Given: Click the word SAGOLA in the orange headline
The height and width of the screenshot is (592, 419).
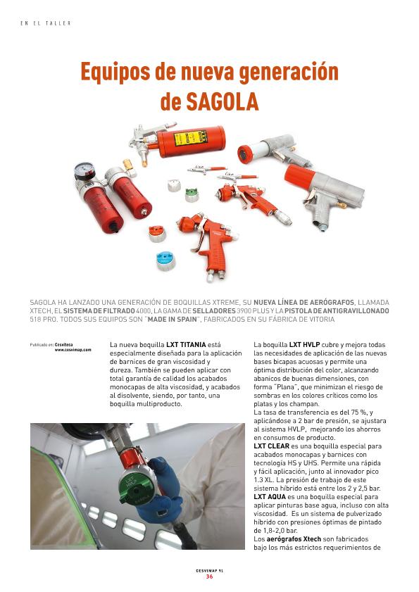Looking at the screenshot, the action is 223,101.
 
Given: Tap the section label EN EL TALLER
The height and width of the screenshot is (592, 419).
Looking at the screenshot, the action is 46,23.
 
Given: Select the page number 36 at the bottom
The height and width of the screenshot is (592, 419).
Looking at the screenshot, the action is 209,577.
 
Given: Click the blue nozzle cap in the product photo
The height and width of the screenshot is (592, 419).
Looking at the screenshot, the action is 166,260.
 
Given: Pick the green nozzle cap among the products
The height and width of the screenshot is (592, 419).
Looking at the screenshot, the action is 192,195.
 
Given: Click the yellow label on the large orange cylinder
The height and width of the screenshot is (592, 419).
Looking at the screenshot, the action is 188,138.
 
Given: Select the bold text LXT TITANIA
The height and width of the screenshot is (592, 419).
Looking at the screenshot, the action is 186,345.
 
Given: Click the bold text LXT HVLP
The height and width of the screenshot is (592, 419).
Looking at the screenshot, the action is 304,345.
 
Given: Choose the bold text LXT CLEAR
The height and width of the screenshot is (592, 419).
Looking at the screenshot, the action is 271,446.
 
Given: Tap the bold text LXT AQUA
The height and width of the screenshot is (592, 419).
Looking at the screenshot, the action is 270,496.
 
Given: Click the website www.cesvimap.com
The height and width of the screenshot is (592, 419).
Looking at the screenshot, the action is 73,350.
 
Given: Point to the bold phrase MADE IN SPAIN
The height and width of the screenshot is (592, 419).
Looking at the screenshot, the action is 173,320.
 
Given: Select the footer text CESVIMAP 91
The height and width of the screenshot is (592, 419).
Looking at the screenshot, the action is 209,570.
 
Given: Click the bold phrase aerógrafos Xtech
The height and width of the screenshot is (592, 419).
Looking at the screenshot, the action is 294,539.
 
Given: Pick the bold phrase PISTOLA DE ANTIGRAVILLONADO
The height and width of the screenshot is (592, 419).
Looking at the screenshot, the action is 337,310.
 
